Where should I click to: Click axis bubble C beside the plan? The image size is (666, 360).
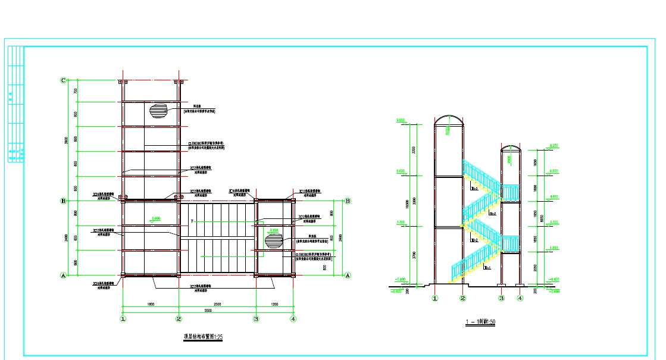pos(64,80)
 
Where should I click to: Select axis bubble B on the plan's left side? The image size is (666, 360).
pos(63,201)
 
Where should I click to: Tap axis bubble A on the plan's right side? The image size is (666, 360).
pos(348,275)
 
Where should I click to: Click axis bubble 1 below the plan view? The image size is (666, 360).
pos(123,319)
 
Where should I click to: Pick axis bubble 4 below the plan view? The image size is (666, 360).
pos(293,319)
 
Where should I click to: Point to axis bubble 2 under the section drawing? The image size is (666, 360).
pos(462,298)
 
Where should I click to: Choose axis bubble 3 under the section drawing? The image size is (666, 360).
pos(502,298)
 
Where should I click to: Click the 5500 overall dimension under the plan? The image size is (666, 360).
pos(208,310)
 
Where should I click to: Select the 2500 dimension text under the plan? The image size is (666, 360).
pos(217,304)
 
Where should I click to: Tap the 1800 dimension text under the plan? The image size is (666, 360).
pos(151,304)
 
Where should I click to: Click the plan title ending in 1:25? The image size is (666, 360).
pos(203,337)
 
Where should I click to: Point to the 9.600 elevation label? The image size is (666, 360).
pos(401,120)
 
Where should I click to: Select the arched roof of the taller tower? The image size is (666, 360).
pos(448,120)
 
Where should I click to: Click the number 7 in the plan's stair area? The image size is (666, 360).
pos(192,221)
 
